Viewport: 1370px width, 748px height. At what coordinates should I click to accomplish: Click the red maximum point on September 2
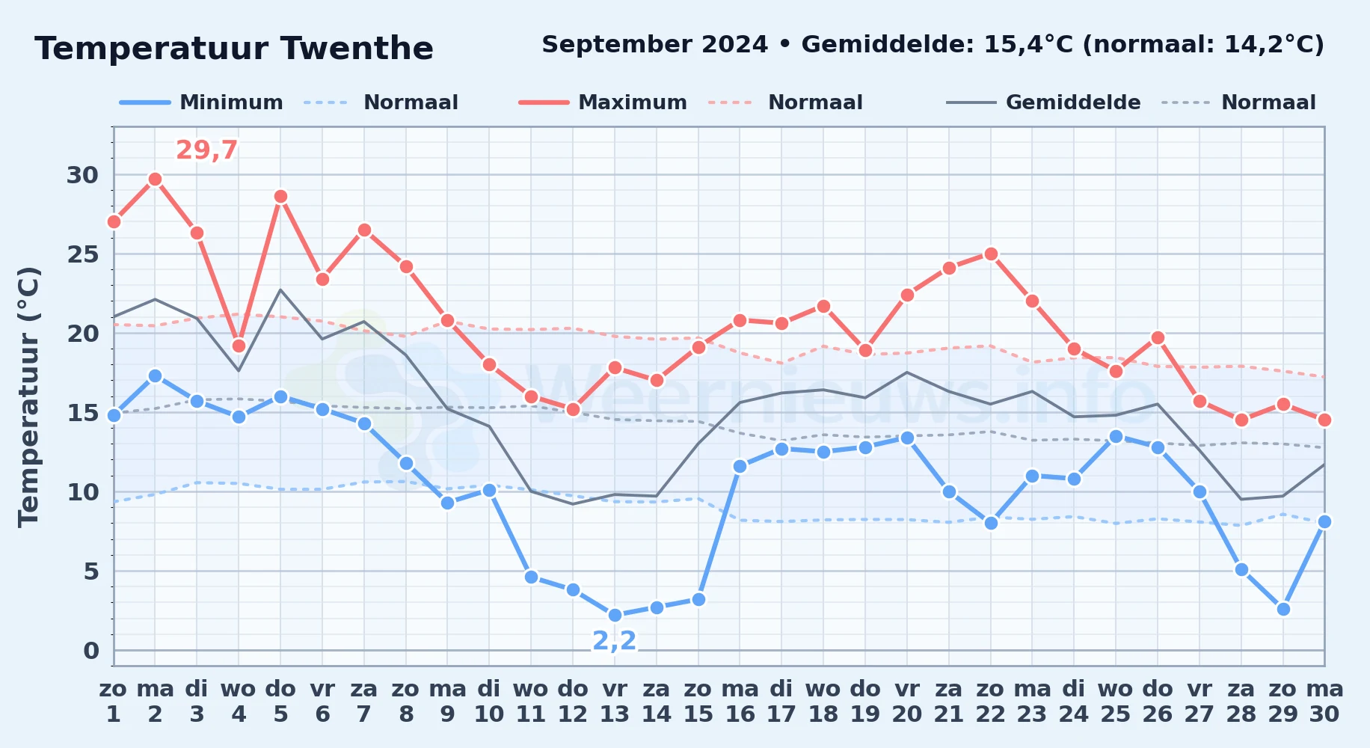[x=155, y=179]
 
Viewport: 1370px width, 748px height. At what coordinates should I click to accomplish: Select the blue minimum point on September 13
[x=615, y=615]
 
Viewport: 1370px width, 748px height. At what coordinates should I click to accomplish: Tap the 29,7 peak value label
[x=206, y=150]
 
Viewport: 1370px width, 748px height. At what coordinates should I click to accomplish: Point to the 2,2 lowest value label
[x=615, y=640]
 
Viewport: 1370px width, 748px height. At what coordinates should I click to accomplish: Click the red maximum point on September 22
[x=991, y=254]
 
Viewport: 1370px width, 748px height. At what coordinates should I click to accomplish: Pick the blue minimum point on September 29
[x=1283, y=609]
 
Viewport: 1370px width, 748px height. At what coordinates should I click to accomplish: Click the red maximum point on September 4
[x=239, y=346]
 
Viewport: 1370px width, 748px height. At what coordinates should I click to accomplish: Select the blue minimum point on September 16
[x=740, y=466]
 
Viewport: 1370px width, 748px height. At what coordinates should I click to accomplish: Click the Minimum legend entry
[x=201, y=102]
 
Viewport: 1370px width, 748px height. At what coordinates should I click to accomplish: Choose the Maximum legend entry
[x=603, y=102]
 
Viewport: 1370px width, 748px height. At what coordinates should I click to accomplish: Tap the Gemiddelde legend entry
[x=1044, y=102]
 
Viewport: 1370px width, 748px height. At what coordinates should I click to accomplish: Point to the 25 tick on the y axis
[x=82, y=254]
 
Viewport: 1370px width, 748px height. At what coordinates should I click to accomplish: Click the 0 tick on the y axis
[x=90, y=651]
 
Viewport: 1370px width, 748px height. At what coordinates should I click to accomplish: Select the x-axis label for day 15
[x=698, y=701]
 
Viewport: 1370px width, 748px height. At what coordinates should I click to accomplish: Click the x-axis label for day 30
[x=1324, y=701]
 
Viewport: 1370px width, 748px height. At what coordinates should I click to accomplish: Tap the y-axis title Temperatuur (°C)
[x=28, y=396]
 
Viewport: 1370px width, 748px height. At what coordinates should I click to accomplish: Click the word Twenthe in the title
[x=357, y=49]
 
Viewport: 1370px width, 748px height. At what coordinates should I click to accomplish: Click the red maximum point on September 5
[x=280, y=197]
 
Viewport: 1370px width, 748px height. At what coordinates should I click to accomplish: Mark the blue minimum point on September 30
[x=1324, y=521]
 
